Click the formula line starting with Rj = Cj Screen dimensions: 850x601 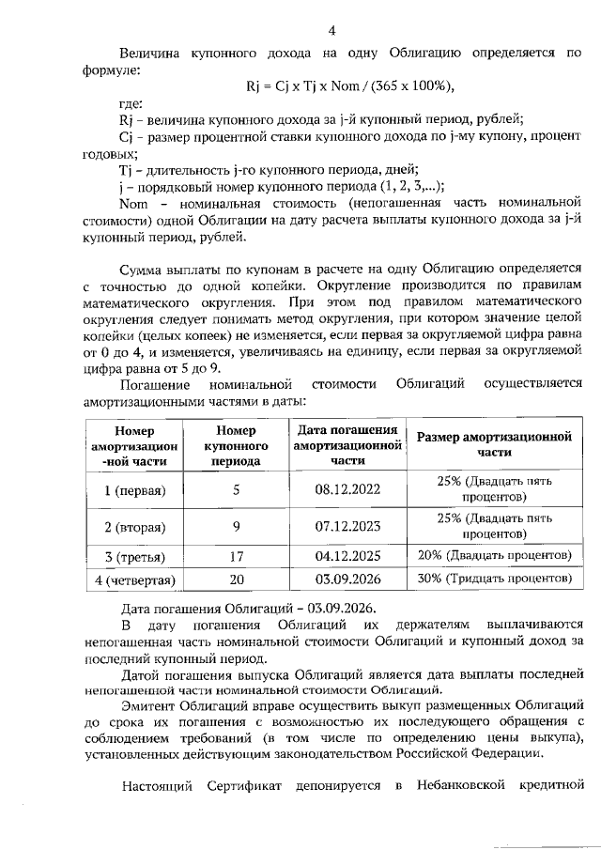tap(350, 87)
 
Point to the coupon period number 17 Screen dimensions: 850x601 tap(237, 556)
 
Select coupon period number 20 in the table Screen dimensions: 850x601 tap(237, 579)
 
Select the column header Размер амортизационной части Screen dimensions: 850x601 tap(495, 444)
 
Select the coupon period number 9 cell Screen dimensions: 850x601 tap(237, 526)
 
